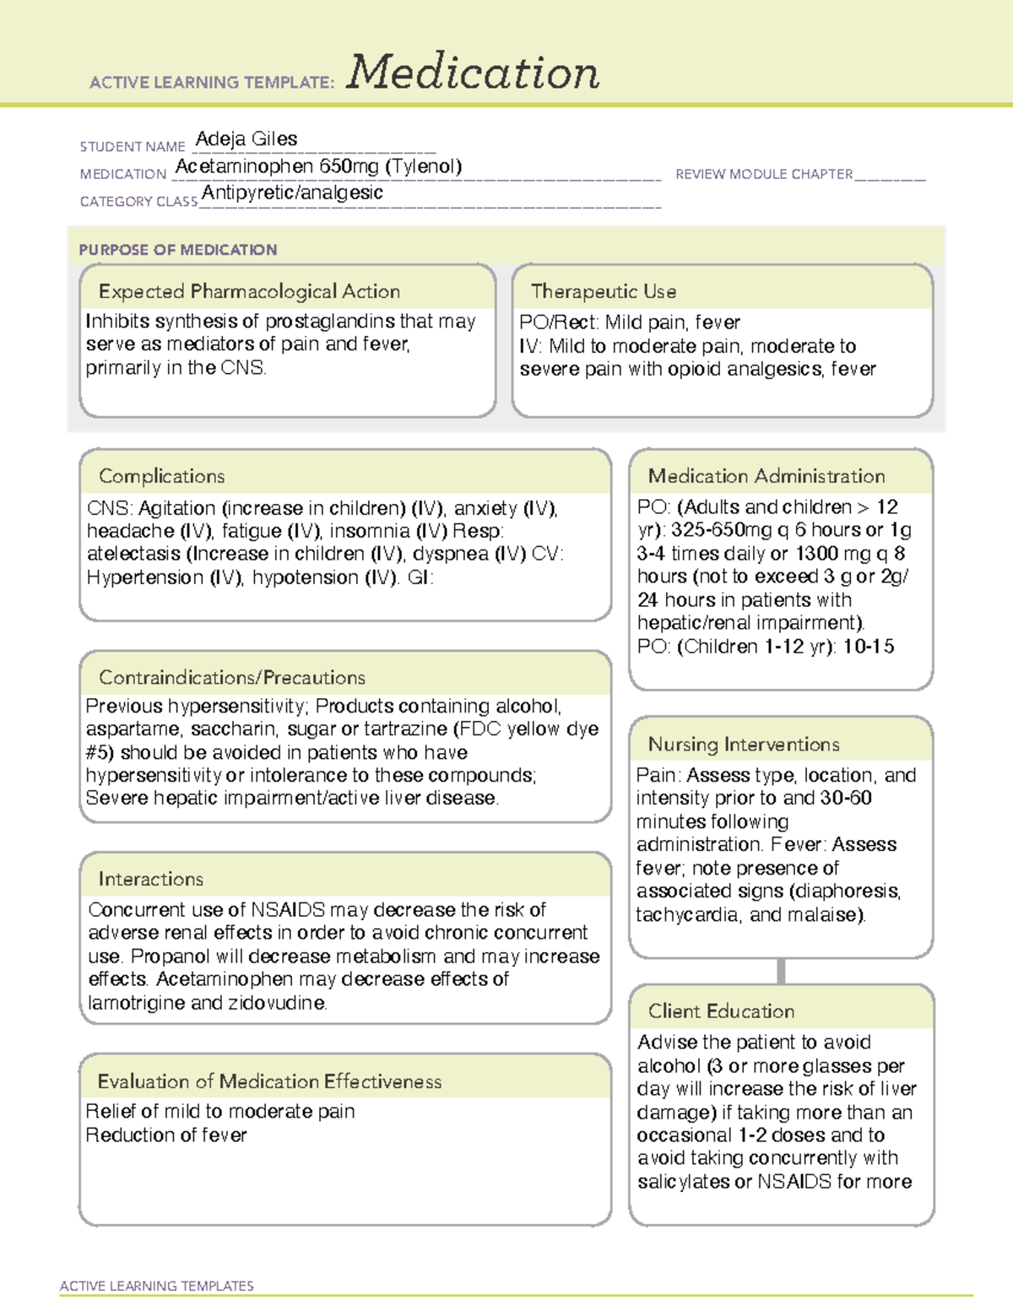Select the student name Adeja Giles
pyautogui.click(x=246, y=138)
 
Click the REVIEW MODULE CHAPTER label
pyautogui.click(x=764, y=174)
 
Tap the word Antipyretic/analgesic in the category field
pyautogui.click(x=292, y=192)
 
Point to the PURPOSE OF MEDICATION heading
pyautogui.click(x=177, y=250)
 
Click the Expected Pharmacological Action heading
pyautogui.click(x=249, y=291)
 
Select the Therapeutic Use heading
pyautogui.click(x=604, y=291)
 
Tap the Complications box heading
pyautogui.click(x=161, y=476)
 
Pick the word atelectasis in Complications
pyautogui.click(x=133, y=555)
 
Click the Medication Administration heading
pyautogui.click(x=767, y=476)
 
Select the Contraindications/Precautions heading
pyautogui.click(x=232, y=677)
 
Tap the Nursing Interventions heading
pyautogui.click(x=744, y=745)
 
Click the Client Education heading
pyautogui.click(x=721, y=1011)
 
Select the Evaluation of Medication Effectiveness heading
pyautogui.click(x=269, y=1081)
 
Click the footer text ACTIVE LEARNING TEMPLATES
pyautogui.click(x=157, y=1286)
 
